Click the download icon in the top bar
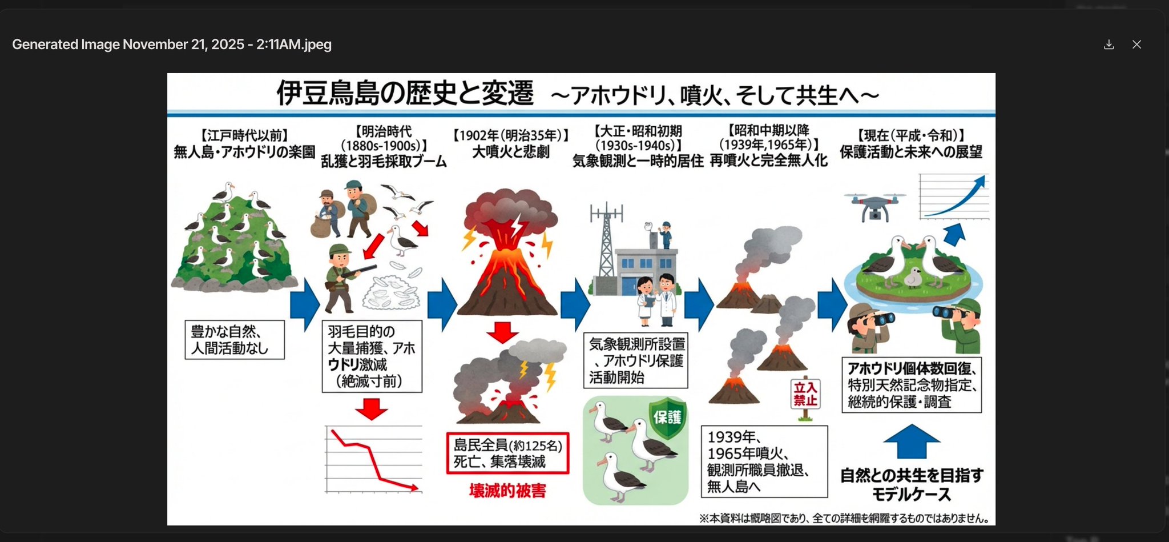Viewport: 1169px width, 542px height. pyautogui.click(x=1108, y=45)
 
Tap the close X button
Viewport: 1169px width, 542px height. pyautogui.click(x=1136, y=45)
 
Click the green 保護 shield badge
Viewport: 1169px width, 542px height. pyautogui.click(x=667, y=418)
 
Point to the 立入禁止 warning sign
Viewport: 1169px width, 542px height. pyautogui.click(x=805, y=394)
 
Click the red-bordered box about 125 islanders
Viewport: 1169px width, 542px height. pyautogui.click(x=507, y=453)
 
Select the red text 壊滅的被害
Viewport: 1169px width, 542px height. pyautogui.click(x=507, y=491)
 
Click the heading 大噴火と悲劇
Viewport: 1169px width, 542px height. pyautogui.click(x=510, y=152)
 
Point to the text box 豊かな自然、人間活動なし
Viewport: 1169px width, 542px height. pyautogui.click(x=235, y=340)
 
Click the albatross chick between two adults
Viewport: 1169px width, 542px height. pyautogui.click(x=913, y=276)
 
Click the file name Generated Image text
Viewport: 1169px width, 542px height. pyautogui.click(x=172, y=45)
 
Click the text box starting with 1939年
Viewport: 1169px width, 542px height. pyautogui.click(x=764, y=461)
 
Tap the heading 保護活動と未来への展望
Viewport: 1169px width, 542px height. pyautogui.click(x=911, y=152)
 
